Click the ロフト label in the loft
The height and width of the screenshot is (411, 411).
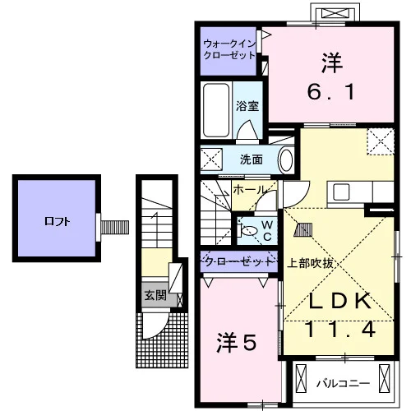point(58,221)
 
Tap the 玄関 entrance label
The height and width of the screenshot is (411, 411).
point(155,295)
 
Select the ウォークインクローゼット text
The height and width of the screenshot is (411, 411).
point(229,49)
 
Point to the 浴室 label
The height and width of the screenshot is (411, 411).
point(247,106)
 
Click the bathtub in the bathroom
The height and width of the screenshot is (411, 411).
point(216,110)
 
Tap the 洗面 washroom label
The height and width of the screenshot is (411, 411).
point(252,159)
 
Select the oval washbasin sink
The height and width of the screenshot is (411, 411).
point(286,160)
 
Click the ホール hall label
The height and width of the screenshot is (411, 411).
point(250,190)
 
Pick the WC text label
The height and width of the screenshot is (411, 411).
point(267,231)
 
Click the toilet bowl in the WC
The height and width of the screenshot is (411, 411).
point(248,231)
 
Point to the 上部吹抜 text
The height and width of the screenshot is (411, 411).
point(310,263)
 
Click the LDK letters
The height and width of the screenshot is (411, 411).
point(340,302)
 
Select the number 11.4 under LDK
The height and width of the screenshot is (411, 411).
point(340,330)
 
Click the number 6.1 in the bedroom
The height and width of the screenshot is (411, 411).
point(331,92)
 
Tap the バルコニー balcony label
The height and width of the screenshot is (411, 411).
point(344,384)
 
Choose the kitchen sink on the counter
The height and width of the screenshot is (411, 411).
point(341,192)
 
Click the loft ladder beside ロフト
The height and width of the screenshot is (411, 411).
point(115,227)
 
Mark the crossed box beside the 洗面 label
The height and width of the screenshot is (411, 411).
point(211,159)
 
